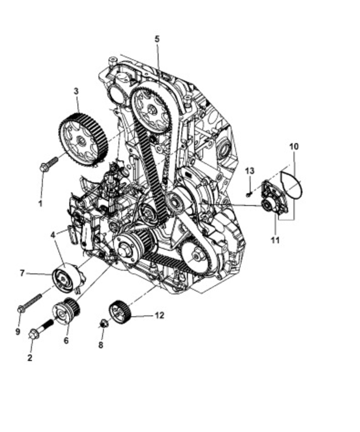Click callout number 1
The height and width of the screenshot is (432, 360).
click(x=40, y=203)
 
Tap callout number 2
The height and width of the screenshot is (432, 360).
click(x=30, y=358)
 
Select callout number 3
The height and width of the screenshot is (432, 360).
click(x=76, y=91)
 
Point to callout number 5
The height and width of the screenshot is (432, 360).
click(x=157, y=39)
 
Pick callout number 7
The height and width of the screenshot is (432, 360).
click(x=22, y=273)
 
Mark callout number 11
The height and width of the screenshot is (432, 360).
click(x=275, y=240)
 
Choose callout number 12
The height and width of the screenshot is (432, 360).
click(x=160, y=315)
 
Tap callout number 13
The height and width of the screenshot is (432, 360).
click(x=249, y=171)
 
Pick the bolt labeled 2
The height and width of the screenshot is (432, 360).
click(x=40, y=328)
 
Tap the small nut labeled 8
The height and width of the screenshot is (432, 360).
click(x=104, y=324)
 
